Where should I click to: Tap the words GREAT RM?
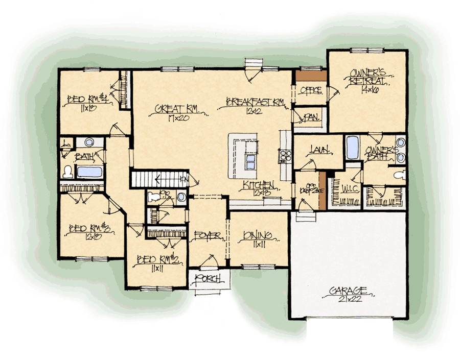point(176,108)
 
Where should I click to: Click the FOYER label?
point(208,236)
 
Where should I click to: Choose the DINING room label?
point(258,235)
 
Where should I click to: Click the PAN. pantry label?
point(311,117)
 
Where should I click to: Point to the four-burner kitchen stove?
point(284,155)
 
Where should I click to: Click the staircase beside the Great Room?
point(156,180)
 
